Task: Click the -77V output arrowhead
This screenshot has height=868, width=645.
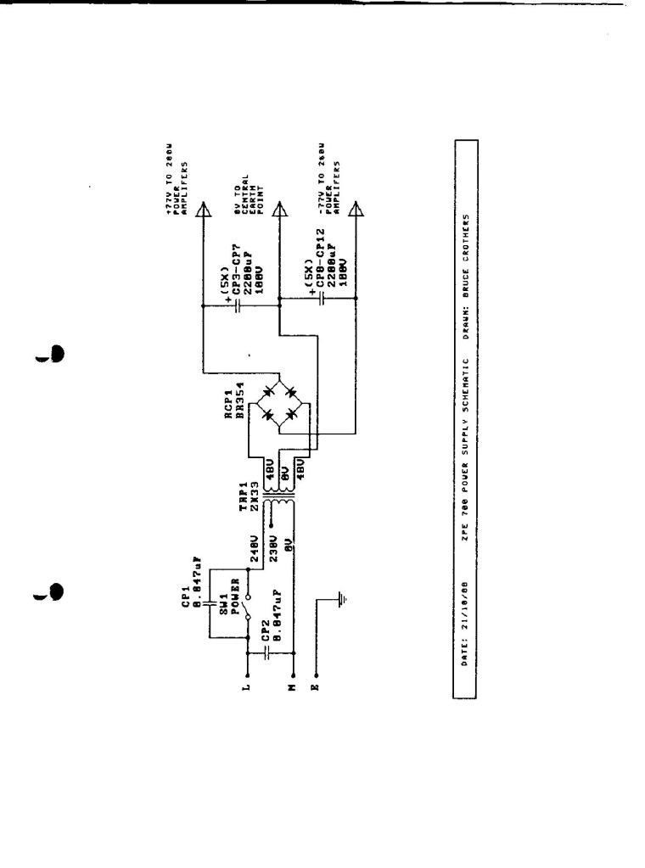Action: pos(356,211)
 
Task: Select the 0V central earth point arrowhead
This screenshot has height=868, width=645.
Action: pos(278,211)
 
